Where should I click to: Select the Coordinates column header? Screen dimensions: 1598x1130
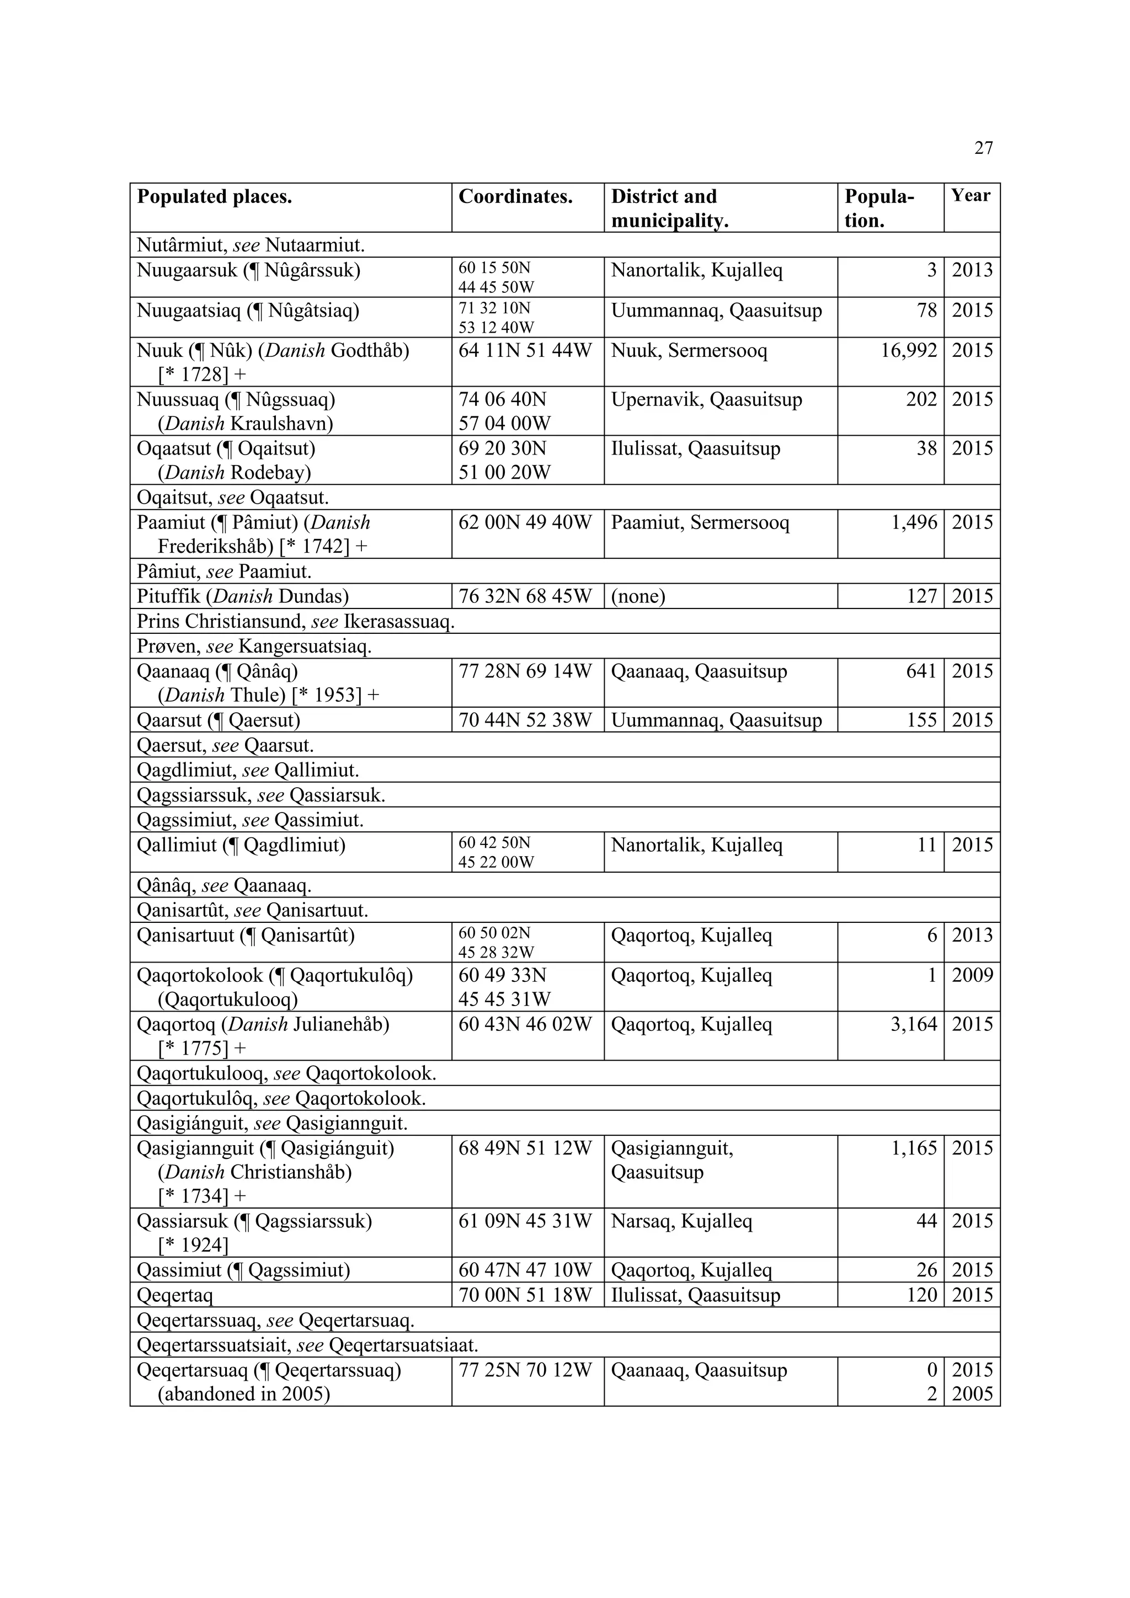(x=515, y=197)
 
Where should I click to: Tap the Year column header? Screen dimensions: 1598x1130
(x=971, y=196)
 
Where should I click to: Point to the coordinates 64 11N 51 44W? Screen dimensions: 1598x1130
(x=525, y=350)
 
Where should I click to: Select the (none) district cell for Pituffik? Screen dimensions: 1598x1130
(x=638, y=596)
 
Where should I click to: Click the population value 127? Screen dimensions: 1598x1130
(x=922, y=596)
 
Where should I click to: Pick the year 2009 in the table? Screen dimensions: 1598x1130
(x=972, y=975)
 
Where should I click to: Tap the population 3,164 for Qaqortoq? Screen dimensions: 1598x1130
(x=914, y=1024)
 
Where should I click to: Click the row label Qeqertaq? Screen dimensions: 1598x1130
(x=175, y=1295)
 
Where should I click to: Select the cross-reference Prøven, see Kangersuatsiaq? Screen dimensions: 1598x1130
(x=254, y=646)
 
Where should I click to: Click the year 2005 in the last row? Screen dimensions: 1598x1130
(x=972, y=1394)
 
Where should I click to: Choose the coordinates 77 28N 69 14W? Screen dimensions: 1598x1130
(x=525, y=672)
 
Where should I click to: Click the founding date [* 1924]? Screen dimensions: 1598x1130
(x=193, y=1245)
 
